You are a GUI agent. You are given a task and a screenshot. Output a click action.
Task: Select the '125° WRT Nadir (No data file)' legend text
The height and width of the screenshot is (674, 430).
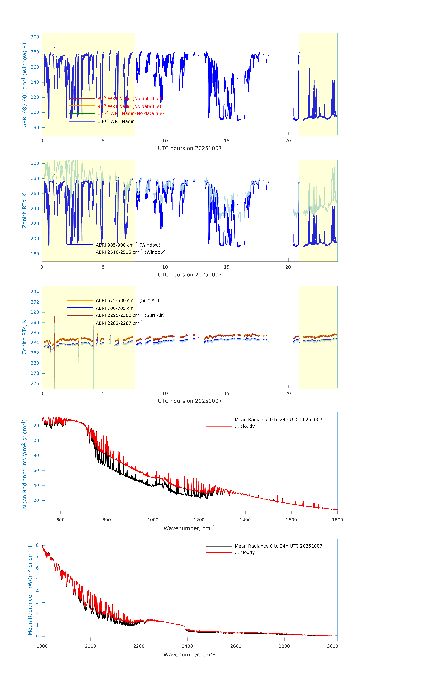click(131, 113)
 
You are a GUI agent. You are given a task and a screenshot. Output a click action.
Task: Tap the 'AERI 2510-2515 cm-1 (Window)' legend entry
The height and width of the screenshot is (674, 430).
click(131, 252)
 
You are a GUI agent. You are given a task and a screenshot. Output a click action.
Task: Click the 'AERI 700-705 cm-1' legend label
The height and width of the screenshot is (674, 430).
click(117, 308)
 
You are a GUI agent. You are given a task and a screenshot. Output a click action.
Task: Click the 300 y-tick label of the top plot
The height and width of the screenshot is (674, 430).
click(35, 37)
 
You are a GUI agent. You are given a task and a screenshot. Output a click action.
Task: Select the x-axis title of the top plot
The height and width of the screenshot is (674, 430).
click(190, 148)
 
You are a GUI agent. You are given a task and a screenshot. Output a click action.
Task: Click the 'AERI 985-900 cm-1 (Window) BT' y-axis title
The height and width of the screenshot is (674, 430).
click(25, 84)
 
